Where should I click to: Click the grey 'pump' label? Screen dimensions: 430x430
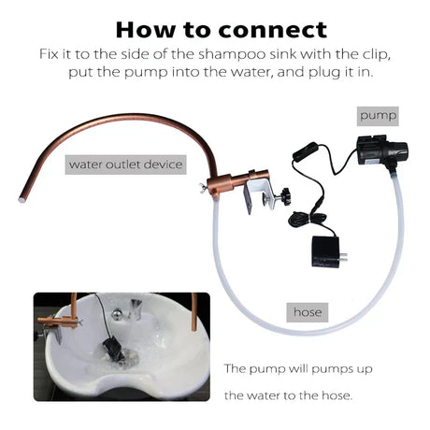(x=378, y=116)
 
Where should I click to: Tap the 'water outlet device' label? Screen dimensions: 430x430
(x=125, y=165)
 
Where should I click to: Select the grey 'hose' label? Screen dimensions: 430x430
(x=308, y=312)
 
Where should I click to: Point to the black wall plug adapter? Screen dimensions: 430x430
(x=325, y=251)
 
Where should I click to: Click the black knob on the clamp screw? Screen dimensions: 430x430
(x=285, y=196)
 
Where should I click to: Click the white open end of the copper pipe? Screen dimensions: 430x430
(x=22, y=198)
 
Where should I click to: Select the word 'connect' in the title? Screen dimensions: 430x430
(x=272, y=30)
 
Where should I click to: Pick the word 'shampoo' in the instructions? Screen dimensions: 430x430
(x=233, y=55)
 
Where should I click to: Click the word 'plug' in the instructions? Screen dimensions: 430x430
(x=321, y=73)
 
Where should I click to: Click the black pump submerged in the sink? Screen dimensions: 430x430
(x=110, y=347)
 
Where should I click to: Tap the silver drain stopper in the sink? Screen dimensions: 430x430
(x=117, y=313)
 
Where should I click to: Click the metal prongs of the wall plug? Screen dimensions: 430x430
(x=343, y=257)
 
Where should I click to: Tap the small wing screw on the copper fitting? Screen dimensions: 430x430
(x=204, y=188)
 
